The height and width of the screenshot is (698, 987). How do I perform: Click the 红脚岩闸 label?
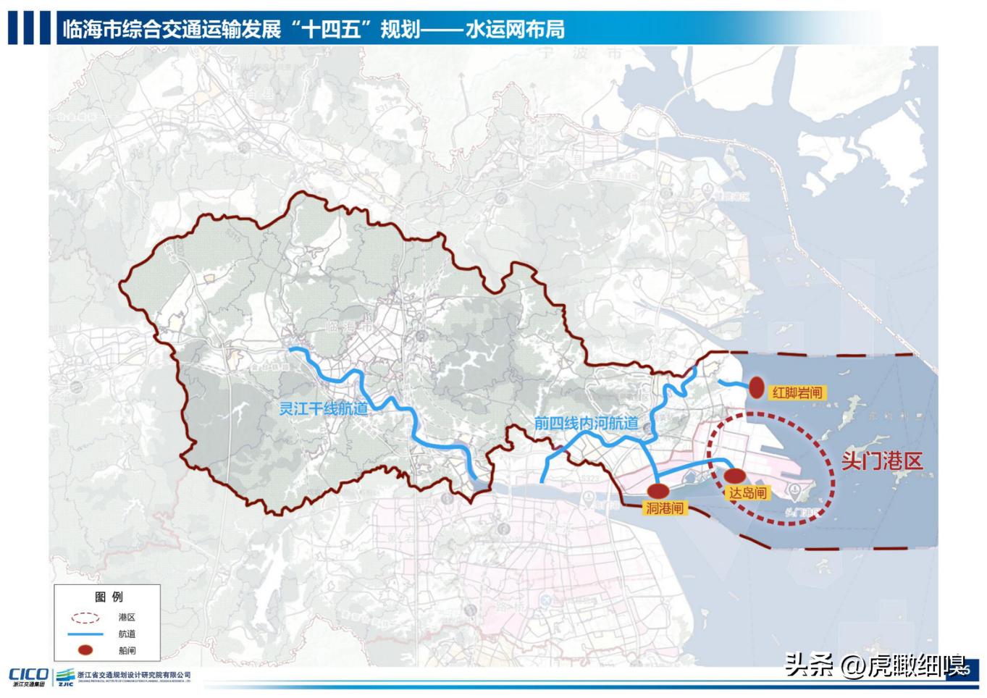click(797, 392)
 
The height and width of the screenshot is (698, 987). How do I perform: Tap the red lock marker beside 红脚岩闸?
click(757, 388)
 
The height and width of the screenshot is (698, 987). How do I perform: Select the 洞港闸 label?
click(664, 508)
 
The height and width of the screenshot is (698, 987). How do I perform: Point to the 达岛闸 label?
click(747, 493)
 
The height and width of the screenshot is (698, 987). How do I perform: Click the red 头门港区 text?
click(881, 461)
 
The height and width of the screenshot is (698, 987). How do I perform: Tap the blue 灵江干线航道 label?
click(323, 408)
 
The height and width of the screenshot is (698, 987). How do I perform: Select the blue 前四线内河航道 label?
click(587, 423)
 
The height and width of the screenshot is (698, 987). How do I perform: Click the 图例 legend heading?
click(109, 597)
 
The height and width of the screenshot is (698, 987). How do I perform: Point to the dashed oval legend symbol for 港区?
click(85, 618)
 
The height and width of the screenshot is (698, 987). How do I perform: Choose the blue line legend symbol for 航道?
click(85, 634)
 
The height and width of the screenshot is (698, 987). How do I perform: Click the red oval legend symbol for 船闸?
click(85, 650)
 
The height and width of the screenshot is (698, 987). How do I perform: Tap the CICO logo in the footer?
click(28, 675)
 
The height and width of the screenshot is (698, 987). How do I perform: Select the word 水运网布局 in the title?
click(515, 30)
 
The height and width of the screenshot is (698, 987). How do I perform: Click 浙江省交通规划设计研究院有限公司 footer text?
click(133, 675)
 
